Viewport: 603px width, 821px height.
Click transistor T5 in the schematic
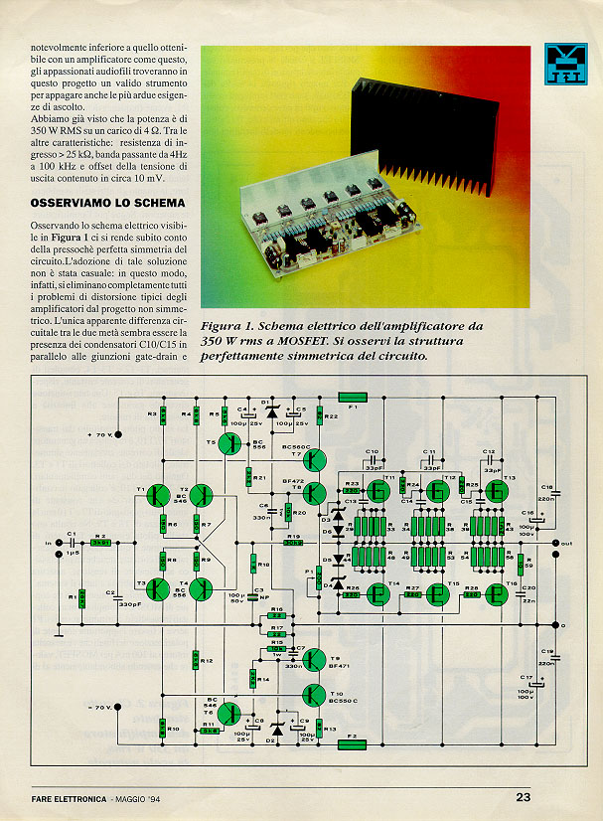pyautogui.click(x=231, y=444)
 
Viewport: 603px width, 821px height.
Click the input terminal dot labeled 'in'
pyautogui.click(x=59, y=543)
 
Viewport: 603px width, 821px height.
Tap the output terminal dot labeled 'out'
pyautogui.click(x=554, y=543)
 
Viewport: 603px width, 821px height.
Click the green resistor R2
pyautogui.click(x=98, y=544)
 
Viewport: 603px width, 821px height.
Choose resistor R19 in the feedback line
pyautogui.click(x=293, y=543)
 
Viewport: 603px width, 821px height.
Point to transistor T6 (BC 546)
pyautogui.click(x=229, y=712)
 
